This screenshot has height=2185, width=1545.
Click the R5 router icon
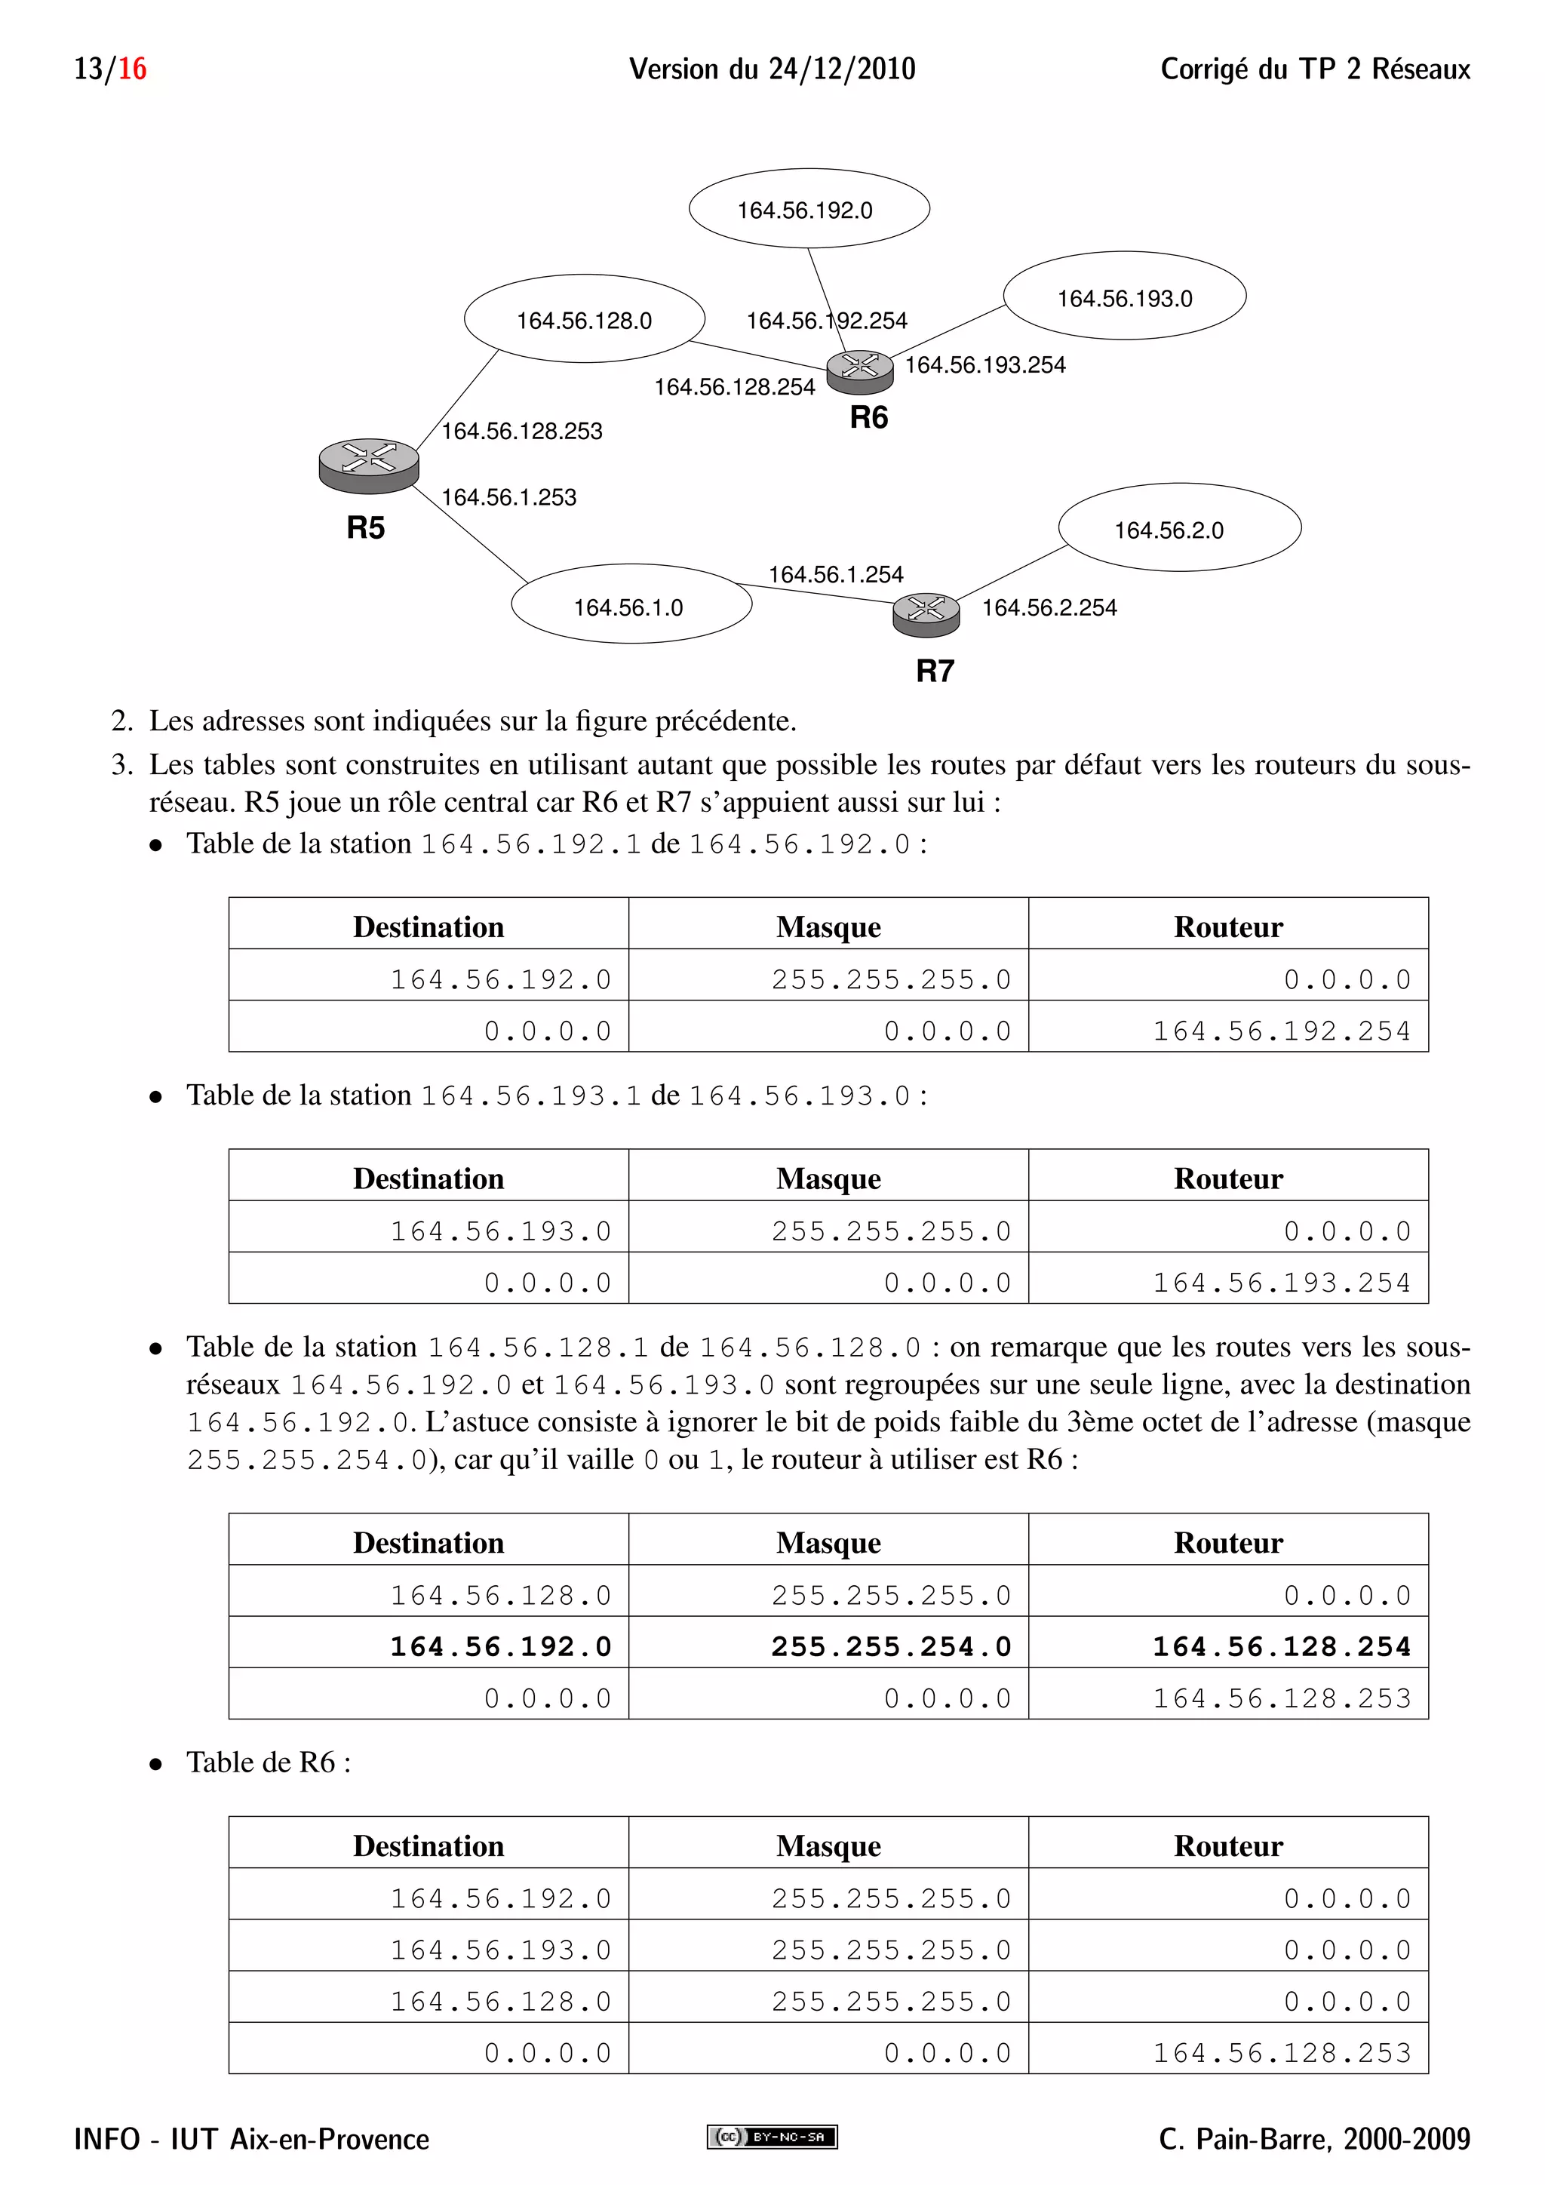tap(369, 466)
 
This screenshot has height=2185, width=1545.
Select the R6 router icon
tap(859, 371)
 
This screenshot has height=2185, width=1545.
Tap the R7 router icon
tap(926, 615)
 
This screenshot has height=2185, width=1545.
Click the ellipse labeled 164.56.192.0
tap(809, 209)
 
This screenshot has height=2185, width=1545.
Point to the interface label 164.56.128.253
tap(521, 431)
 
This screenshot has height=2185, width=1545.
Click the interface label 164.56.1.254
tap(835, 574)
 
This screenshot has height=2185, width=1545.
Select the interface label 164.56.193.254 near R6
tap(984, 364)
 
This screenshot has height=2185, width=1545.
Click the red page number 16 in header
tap(132, 69)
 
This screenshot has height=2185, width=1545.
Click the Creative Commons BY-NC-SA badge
tap(772, 2137)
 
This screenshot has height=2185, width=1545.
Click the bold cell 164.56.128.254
tap(1282, 1646)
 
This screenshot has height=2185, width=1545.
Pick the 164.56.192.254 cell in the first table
tap(1282, 1031)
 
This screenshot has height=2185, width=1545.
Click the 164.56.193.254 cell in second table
tap(1282, 1283)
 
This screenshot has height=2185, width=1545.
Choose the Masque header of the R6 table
tap(828, 1845)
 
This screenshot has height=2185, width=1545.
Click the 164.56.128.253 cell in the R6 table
tap(1282, 2053)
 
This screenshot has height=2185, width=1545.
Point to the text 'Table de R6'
tap(269, 1762)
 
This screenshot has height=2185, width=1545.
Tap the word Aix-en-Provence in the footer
tap(329, 2139)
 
